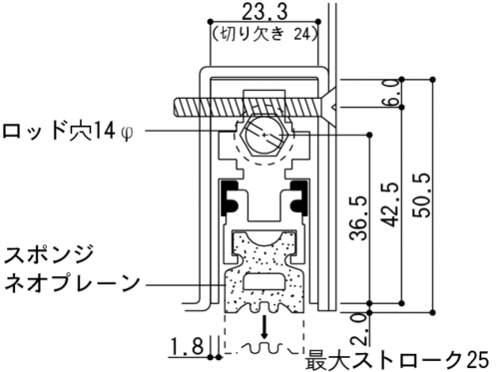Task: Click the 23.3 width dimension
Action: (263, 13)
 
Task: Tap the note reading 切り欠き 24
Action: (264, 34)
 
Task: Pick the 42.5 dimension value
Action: (391, 204)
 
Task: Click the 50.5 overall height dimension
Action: (422, 194)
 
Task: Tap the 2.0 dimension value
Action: (360, 330)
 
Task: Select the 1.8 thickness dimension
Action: (188, 346)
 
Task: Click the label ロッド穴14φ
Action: (68, 132)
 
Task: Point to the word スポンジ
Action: (49, 255)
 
